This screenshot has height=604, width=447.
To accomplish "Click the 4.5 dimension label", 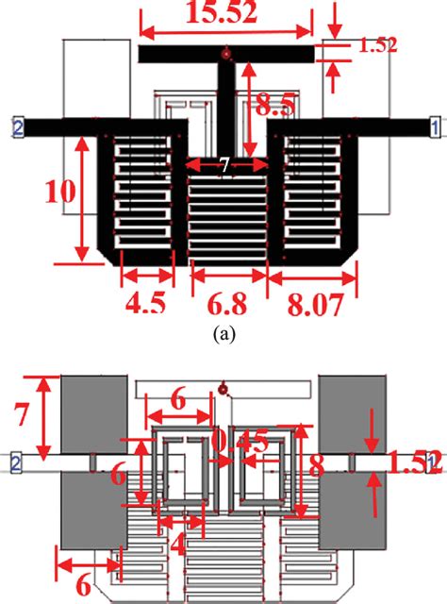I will coord(147,305).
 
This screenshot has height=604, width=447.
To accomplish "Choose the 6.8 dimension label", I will coord(228,305).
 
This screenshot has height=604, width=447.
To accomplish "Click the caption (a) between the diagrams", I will coord(223,333).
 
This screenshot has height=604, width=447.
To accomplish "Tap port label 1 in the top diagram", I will coord(433,125).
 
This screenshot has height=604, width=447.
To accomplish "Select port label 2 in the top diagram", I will coord(16,125).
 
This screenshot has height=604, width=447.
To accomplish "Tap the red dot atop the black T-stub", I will coord(223,51).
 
